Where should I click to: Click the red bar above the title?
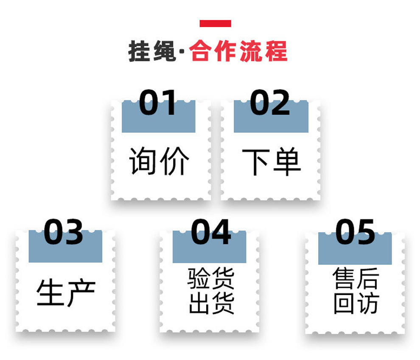[x=215, y=24]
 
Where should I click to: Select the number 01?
[x=158, y=103]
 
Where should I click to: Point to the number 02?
[x=270, y=103]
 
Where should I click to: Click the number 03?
[x=64, y=232]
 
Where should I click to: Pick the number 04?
[x=211, y=232]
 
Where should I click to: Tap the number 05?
[x=355, y=232]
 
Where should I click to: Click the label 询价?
[x=159, y=162]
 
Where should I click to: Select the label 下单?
[x=271, y=162]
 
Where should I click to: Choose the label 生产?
[x=66, y=292]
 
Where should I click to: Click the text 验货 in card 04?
[x=211, y=278]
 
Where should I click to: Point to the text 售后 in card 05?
[x=356, y=278]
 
